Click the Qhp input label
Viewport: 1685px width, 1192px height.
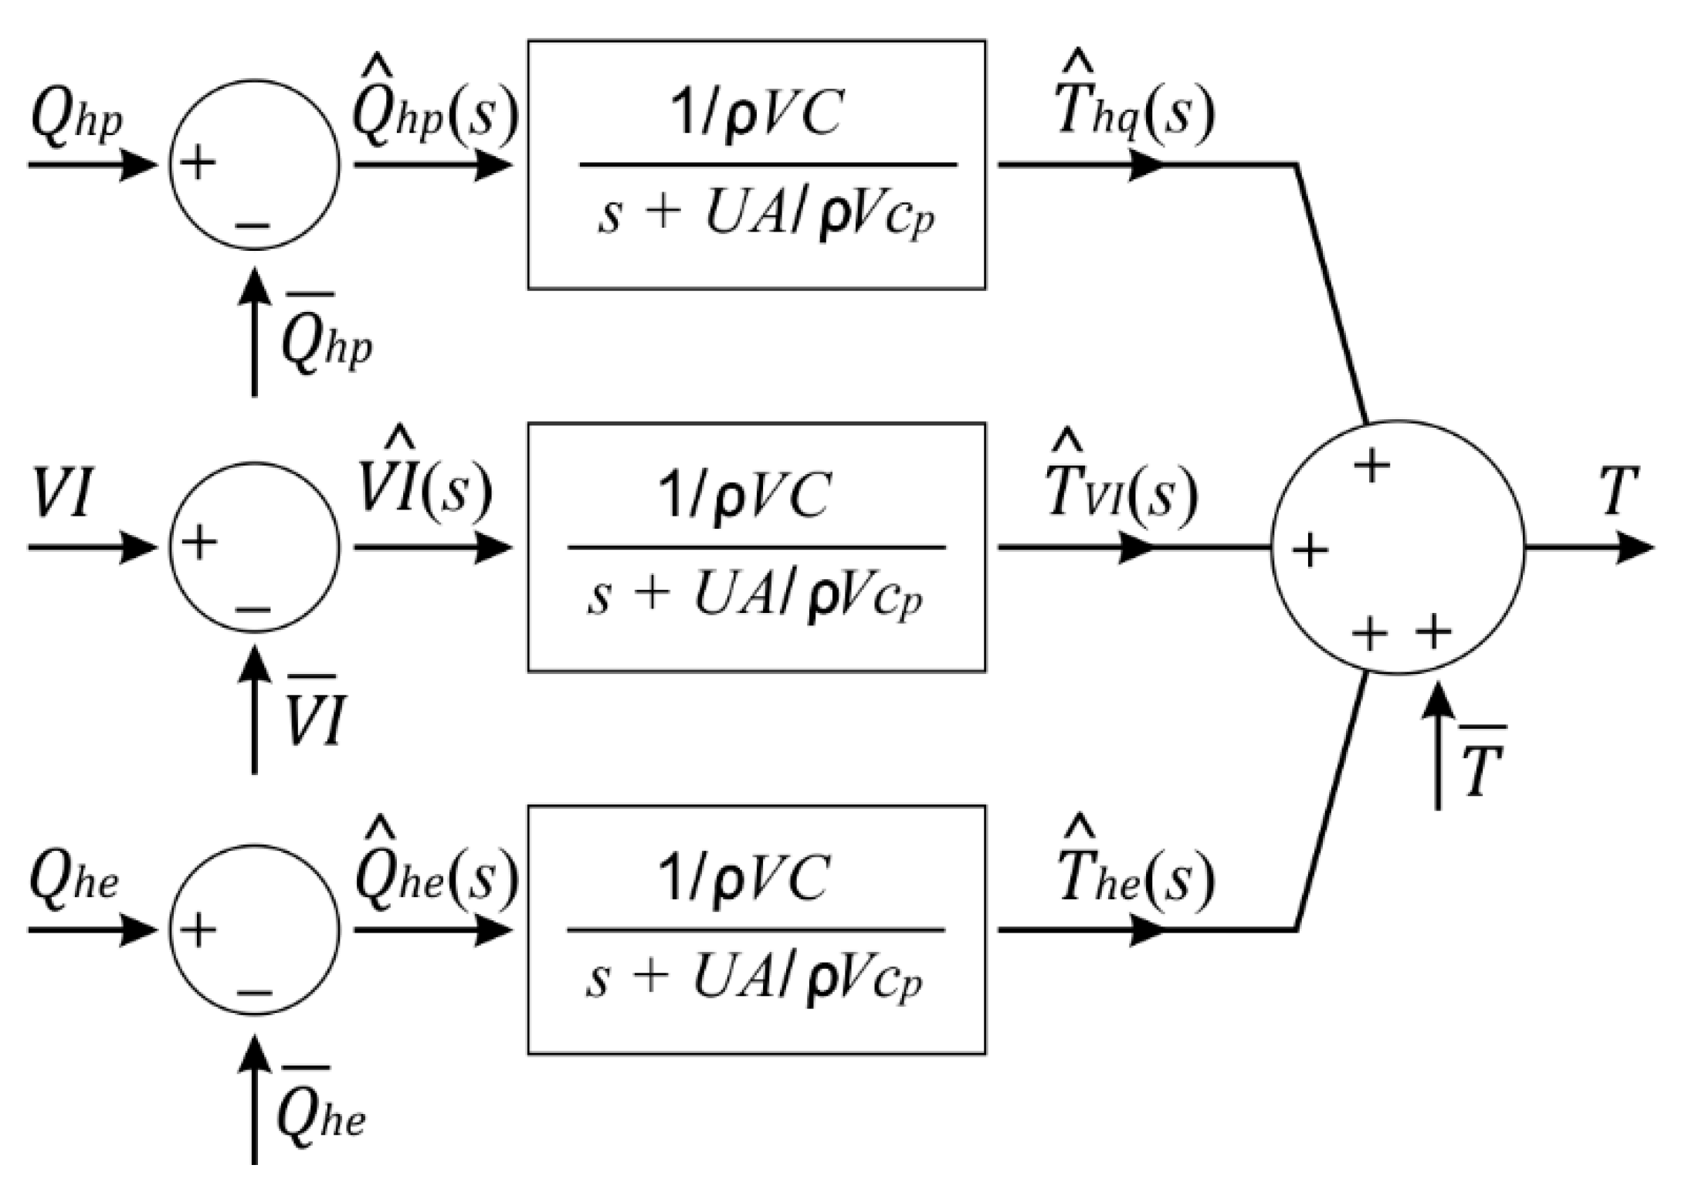(x=76, y=122)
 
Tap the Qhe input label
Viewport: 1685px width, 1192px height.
(x=74, y=880)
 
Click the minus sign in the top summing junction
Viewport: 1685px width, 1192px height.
(x=253, y=226)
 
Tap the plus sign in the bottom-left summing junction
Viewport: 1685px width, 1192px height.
(x=198, y=930)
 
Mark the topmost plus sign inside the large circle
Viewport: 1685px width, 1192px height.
(x=1371, y=466)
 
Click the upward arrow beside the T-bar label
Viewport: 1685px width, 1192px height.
(x=1437, y=745)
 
